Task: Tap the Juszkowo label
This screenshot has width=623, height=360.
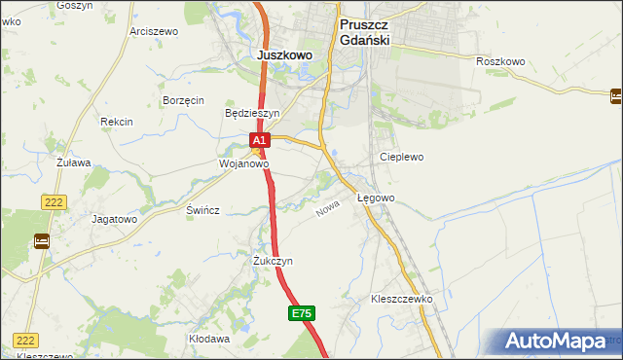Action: pyautogui.click(x=285, y=55)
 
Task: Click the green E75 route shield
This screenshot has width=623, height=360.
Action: pyautogui.click(x=302, y=313)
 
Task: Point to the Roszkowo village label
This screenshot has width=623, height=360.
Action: pyautogui.click(x=501, y=61)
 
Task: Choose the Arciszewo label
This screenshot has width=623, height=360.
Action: pyautogui.click(x=154, y=31)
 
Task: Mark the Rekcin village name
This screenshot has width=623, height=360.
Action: pyautogui.click(x=117, y=122)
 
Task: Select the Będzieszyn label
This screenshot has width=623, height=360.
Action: pyautogui.click(x=252, y=113)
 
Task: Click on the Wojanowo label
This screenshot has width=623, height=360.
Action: pyautogui.click(x=243, y=164)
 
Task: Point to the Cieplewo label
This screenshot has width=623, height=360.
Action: pyautogui.click(x=402, y=156)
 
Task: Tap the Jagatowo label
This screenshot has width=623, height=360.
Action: pyautogui.click(x=114, y=219)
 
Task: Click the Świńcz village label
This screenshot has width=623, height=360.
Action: pyautogui.click(x=203, y=210)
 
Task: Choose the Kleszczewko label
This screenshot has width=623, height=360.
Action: pyautogui.click(x=401, y=300)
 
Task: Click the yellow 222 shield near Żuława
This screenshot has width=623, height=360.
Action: pyautogui.click(x=54, y=201)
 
